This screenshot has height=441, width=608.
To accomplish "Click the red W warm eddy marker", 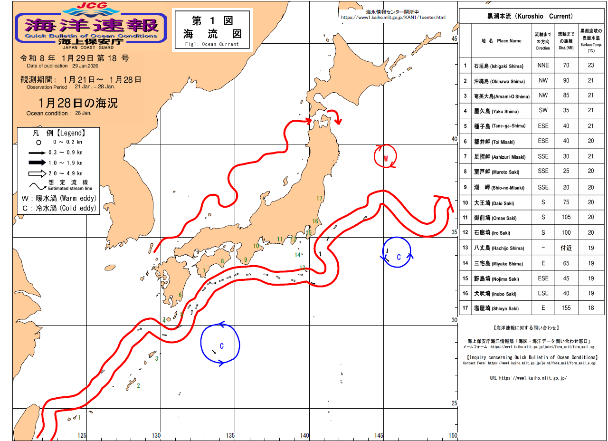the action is pos(386,158).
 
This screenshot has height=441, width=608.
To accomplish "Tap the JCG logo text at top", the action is pos(92,7).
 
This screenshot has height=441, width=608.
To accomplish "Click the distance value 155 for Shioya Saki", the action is pos(566,308).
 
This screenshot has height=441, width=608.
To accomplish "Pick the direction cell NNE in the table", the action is pos(543,66).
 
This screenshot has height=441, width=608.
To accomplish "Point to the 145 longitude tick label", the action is pos(378,435).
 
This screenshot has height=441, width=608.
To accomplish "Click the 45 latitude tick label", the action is pos(454,39).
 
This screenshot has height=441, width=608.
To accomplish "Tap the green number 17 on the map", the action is pos(319,199).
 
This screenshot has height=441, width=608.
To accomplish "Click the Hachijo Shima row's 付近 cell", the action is pos(566,248).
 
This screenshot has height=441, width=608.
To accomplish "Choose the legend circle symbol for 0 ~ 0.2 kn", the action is pos(38,142).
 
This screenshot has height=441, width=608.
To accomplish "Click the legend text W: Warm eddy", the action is pos(59,198).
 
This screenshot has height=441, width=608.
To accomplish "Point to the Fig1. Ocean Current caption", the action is pos(212,44).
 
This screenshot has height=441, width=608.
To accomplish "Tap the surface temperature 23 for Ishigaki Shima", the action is pos(591,66).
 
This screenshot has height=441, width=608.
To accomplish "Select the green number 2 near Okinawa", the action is pos(138,385).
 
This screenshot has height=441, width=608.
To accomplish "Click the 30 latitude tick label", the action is pos(454,320).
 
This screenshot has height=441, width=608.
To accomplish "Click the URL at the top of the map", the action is pos(393,18).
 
